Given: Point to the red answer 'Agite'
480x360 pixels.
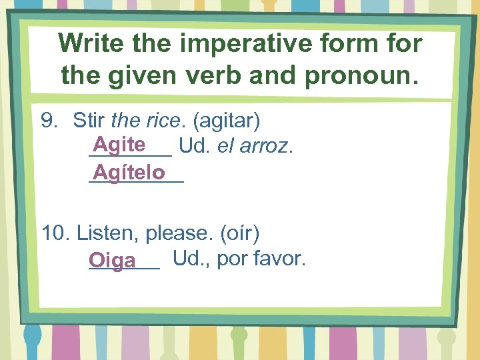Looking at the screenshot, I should (x=119, y=144).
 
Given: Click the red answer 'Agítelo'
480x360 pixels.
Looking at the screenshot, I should (x=129, y=173).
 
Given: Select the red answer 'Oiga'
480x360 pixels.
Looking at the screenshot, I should (x=112, y=260).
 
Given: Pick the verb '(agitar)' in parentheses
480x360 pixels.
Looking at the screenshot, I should (x=226, y=121).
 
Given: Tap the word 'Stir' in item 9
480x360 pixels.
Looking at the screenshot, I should (x=89, y=121).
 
